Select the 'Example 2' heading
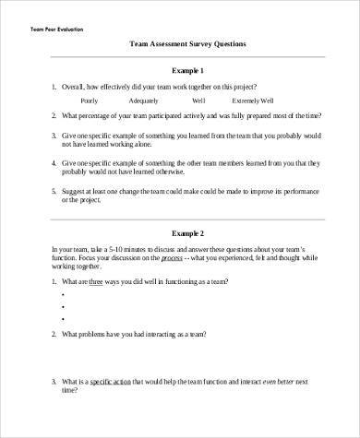[x=188, y=234]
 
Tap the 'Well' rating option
[x=198, y=101]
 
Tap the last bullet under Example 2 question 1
[x=62, y=320]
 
